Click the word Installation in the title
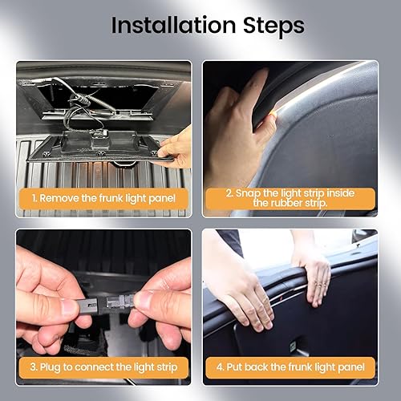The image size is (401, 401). point(173,25)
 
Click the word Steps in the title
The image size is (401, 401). point(273,26)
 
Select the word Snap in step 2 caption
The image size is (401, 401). point(248,193)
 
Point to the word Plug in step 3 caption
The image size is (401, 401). point(51,367)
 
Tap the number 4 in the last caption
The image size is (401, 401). point(220,367)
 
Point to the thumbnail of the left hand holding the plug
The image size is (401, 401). point(66,307)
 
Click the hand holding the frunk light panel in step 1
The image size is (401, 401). point(175,150)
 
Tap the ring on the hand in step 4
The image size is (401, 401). point(319,285)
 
